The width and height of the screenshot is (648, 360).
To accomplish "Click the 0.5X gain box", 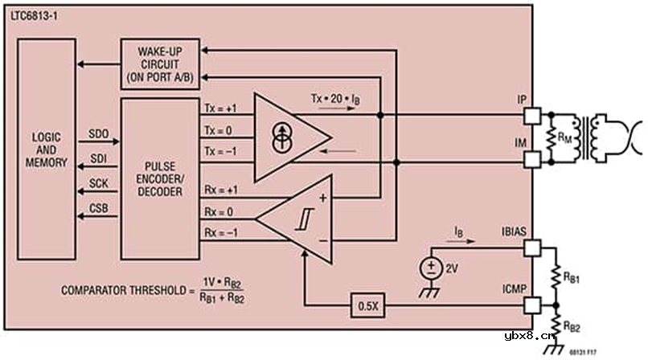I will [x=369, y=306].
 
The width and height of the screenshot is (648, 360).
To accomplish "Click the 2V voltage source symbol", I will [x=433, y=268].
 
